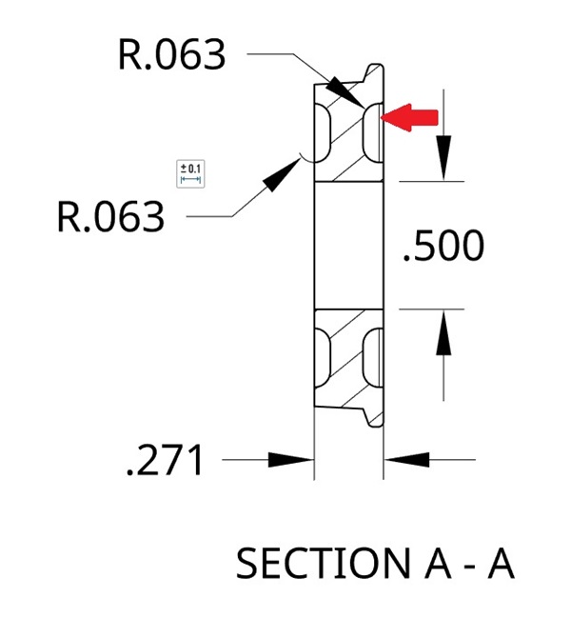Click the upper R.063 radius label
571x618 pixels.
(172, 54)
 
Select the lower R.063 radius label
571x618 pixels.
(111, 217)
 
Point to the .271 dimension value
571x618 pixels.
(166, 462)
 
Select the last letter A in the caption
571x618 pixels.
(501, 564)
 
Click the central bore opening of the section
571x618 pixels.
(347, 246)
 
